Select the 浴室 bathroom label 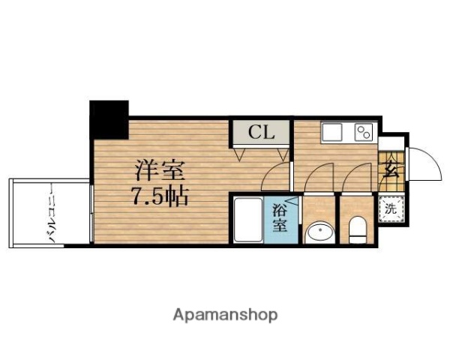click(278, 216)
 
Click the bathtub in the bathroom click(246, 220)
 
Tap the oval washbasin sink click(320, 232)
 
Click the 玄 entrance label click(390, 166)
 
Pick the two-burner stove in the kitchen click(364, 132)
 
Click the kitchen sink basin click(332, 133)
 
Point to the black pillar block click(109, 118)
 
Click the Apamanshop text click(225, 314)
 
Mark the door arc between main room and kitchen click(277, 178)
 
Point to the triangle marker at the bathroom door click(293, 200)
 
